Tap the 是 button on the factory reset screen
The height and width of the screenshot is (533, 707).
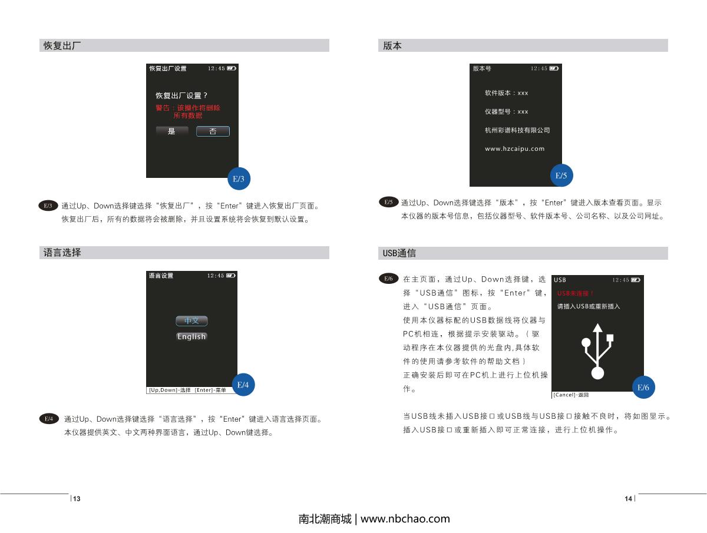click(172, 131)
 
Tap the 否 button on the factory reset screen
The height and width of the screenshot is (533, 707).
click(213, 131)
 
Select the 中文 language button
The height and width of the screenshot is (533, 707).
click(191, 320)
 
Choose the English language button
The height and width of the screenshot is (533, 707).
click(191, 336)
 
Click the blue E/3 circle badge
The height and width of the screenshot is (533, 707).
click(239, 178)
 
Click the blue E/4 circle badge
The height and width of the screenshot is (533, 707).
click(243, 385)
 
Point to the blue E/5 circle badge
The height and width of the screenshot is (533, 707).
click(561, 176)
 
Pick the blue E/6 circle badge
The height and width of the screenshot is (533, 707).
click(643, 387)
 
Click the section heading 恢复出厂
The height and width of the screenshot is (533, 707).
click(62, 45)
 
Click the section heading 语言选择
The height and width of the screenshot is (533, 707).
click(62, 252)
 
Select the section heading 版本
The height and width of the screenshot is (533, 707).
click(392, 45)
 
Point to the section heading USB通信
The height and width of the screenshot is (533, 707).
click(399, 253)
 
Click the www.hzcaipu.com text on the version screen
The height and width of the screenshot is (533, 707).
click(515, 148)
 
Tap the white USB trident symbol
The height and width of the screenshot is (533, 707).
click(597, 351)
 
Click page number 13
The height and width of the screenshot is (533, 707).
click(77, 499)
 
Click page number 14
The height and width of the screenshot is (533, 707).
click(628, 499)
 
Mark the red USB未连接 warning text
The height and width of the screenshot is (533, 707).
click(575, 293)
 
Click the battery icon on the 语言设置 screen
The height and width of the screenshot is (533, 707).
click(231, 276)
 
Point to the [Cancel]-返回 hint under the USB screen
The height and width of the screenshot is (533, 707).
click(571, 395)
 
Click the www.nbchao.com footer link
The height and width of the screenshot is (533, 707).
click(405, 518)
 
